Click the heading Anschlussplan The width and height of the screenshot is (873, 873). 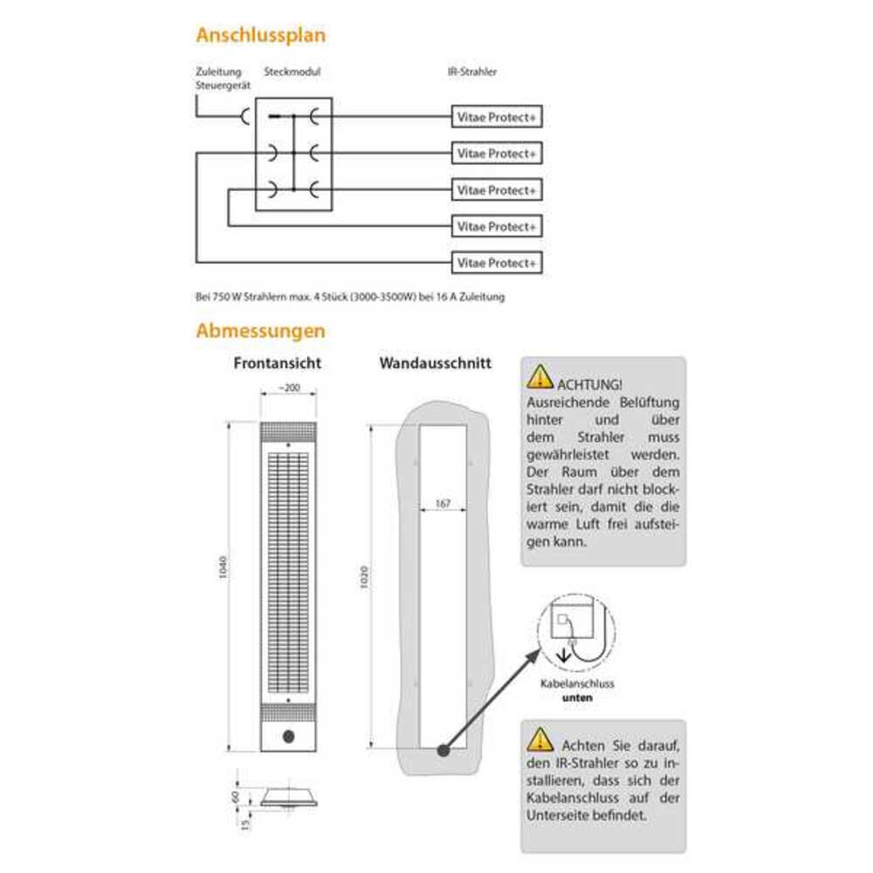tap(261, 36)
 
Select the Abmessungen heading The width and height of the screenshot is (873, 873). tap(261, 332)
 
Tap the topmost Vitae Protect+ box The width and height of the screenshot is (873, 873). tap(497, 118)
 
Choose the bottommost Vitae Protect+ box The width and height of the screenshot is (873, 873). tap(497, 263)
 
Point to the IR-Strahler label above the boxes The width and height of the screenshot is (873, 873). tap(471, 72)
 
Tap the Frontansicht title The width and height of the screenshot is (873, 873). tap(278, 362)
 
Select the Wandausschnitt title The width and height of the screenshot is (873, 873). tap(435, 362)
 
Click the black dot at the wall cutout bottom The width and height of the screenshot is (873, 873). tap(443, 750)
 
